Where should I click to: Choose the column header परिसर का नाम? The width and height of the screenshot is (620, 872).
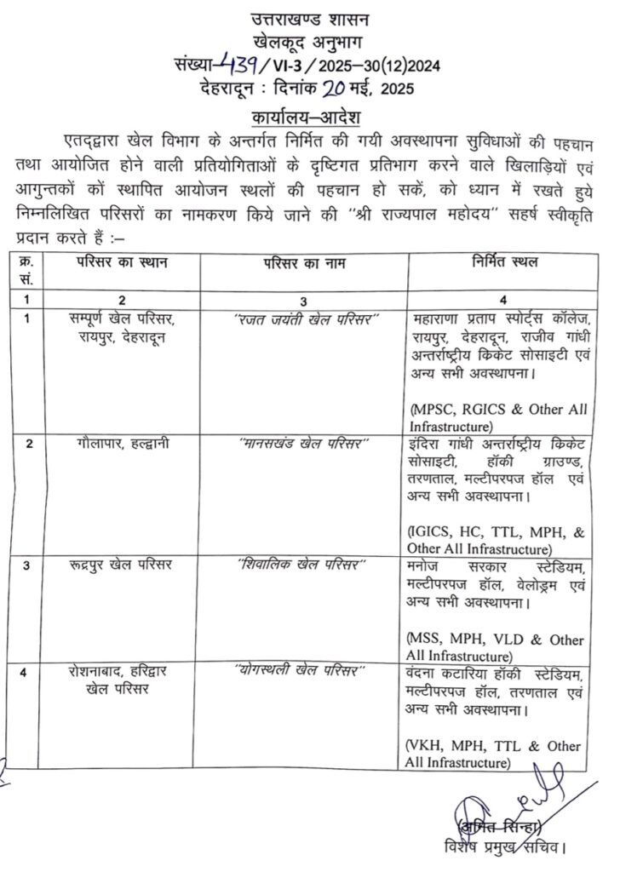coord(306,262)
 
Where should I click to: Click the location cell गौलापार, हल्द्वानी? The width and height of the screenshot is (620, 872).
coord(122,444)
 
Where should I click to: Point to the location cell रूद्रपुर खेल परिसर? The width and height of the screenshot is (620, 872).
coord(119,565)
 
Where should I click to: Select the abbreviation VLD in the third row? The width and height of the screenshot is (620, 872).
coord(506,640)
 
